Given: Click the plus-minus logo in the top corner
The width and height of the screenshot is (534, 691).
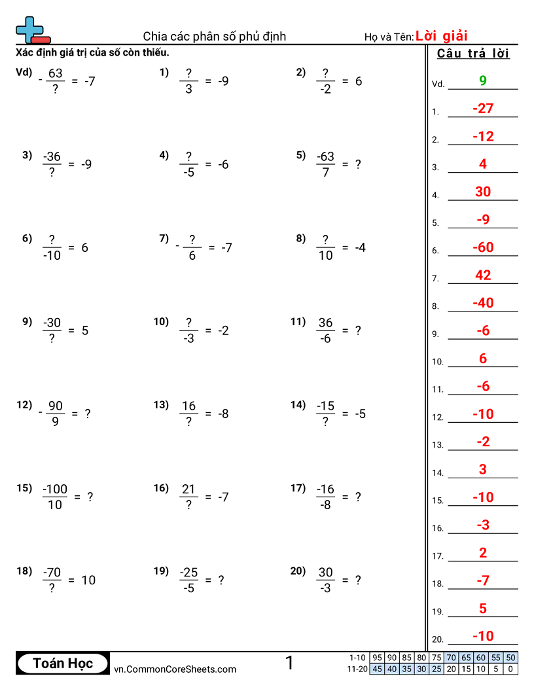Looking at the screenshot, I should pyautogui.click(x=32, y=30).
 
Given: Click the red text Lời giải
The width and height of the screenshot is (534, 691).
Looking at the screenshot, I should pyautogui.click(x=441, y=36).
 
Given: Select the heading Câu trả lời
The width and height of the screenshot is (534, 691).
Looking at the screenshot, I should pyautogui.click(x=472, y=54).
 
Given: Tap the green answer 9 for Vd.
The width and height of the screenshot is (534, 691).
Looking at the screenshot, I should pyautogui.click(x=483, y=80).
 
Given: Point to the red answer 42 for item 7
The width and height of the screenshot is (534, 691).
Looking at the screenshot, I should pyautogui.click(x=483, y=275).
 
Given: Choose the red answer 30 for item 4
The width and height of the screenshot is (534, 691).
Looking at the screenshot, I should pyautogui.click(x=483, y=192).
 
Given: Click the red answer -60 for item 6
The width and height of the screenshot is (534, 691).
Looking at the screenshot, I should pyautogui.click(x=483, y=247).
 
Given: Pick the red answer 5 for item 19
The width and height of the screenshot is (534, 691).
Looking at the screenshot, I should pyautogui.click(x=483, y=609).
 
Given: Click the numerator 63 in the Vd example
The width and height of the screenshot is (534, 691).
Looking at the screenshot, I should pyautogui.click(x=56, y=73).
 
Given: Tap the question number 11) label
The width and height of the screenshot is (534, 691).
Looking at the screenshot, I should pyautogui.click(x=298, y=321).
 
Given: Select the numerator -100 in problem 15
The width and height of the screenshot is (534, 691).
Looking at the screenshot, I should pyautogui.click(x=55, y=489).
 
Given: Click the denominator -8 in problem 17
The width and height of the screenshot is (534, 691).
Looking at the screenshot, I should pyautogui.click(x=325, y=505).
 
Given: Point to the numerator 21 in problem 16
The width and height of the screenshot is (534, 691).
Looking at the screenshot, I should pyautogui.click(x=188, y=489).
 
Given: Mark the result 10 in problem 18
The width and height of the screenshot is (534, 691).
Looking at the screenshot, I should pyautogui.click(x=88, y=580).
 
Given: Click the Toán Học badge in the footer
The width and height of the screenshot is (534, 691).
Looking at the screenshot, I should pyautogui.click(x=63, y=664).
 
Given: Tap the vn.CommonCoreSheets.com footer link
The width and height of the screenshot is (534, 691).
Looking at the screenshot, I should pyautogui.click(x=175, y=669).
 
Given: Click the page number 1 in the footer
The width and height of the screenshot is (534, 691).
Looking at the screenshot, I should pyautogui.click(x=289, y=664).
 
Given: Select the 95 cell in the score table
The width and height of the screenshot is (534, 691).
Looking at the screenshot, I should pyautogui.click(x=377, y=658).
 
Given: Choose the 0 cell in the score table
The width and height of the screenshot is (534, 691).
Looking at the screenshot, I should pyautogui.click(x=510, y=669).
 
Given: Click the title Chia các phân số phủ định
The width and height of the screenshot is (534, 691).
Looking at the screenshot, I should pyautogui.click(x=215, y=36).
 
